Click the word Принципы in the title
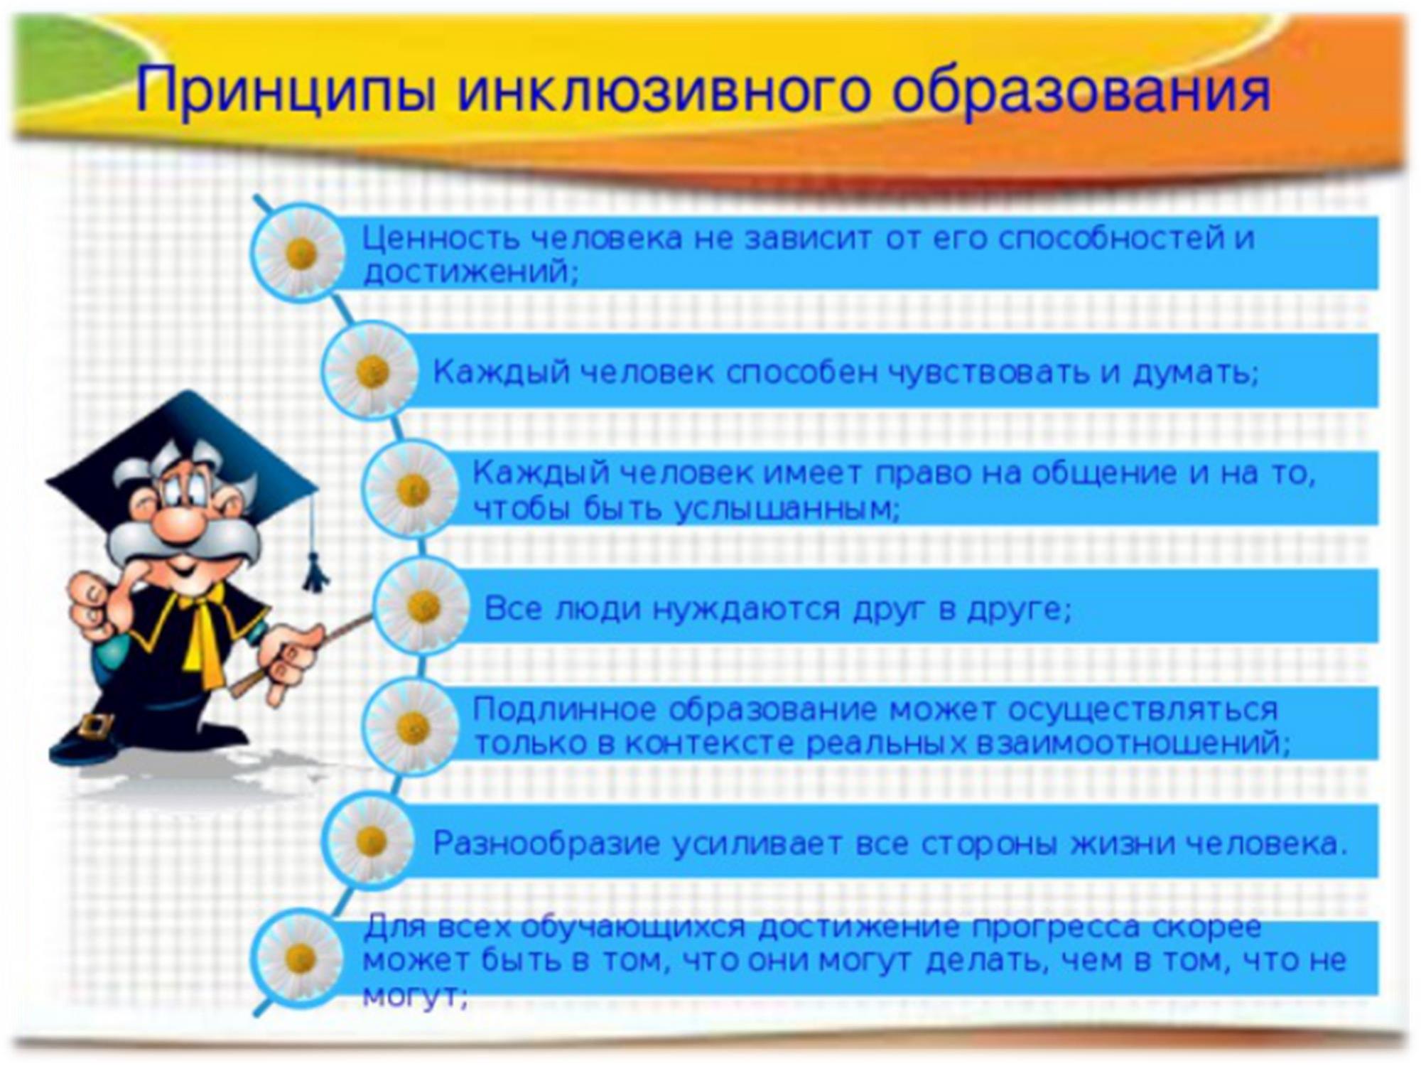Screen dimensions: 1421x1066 pos(284,90)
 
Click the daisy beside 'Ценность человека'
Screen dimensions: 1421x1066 pos(301,252)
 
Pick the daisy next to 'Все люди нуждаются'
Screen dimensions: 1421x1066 pos(423,605)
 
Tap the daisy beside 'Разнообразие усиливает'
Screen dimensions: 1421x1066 pos(371,841)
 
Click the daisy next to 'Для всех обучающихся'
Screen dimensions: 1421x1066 pos(301,958)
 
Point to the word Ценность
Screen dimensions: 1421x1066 pos(441,238)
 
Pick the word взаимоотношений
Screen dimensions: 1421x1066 pos(1133,743)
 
